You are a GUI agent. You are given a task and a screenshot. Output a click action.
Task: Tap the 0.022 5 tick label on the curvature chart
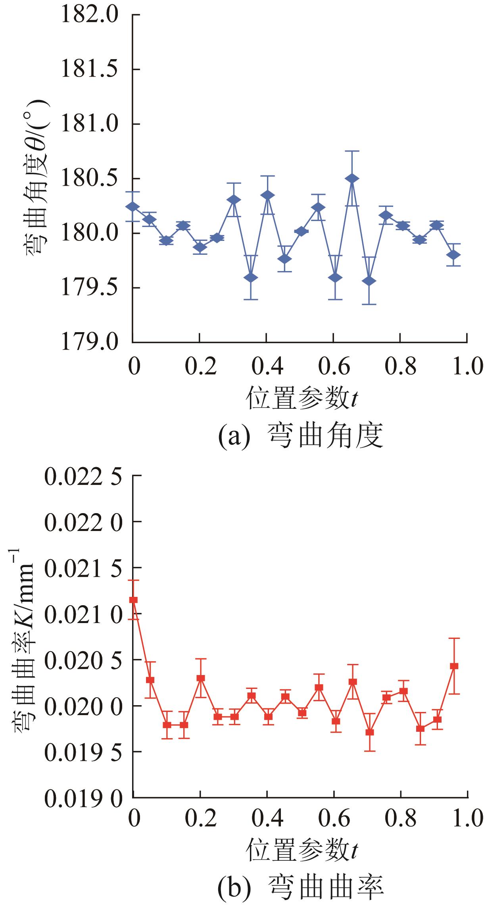coord(83,477)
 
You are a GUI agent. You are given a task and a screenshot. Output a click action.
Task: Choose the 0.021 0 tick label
coord(83,614)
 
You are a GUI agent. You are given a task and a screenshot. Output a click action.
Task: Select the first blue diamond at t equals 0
coord(133,206)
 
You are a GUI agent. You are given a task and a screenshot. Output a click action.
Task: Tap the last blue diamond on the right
coord(453,255)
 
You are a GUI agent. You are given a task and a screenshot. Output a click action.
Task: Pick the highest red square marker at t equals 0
coord(134,600)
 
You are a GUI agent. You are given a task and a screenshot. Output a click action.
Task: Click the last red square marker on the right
coord(454,666)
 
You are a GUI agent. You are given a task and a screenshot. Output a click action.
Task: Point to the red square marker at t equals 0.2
coord(201,678)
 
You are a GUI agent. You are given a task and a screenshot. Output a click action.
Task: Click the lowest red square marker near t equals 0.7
coord(370,732)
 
